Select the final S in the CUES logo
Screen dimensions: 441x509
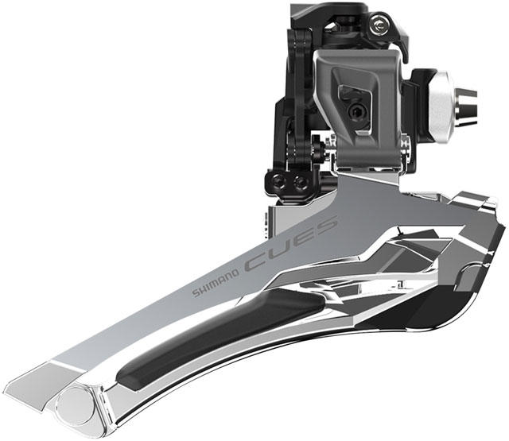click(324, 226)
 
